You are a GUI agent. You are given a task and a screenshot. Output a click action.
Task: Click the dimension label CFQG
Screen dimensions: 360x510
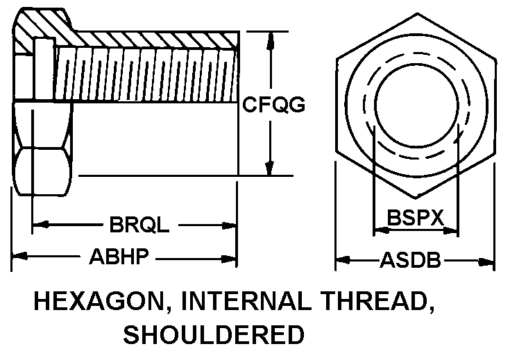pyautogui.click(x=274, y=105)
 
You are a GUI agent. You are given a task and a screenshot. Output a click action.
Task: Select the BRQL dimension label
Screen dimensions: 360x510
pyautogui.click(x=139, y=225)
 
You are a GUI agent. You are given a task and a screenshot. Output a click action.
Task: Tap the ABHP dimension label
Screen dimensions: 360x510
pyautogui.click(x=119, y=257)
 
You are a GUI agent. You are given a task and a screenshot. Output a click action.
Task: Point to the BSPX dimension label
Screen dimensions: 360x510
pyautogui.click(x=415, y=218)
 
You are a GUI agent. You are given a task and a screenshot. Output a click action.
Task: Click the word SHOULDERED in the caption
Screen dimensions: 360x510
pyautogui.click(x=214, y=335)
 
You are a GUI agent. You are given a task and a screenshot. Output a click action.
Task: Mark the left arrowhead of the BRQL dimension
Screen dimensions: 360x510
pyautogui.click(x=40, y=225)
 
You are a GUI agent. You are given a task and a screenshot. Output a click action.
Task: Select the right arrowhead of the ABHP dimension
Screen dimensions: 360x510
pyautogui.click(x=231, y=257)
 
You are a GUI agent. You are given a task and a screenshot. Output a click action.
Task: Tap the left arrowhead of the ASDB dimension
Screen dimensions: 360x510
pyautogui.click(x=342, y=262)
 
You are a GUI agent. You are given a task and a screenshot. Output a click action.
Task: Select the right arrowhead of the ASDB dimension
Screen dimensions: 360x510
pyautogui.click(x=488, y=262)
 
